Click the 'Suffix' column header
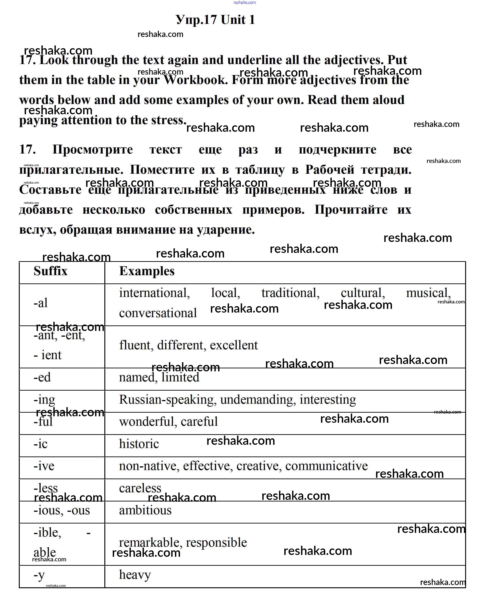point(51,271)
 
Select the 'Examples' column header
point(147,271)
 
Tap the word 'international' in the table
point(154,293)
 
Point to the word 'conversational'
point(158,313)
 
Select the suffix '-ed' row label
point(42,377)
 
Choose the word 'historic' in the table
point(139,444)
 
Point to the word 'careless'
point(140,488)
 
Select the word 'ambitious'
point(145,510)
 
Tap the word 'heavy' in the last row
point(135,575)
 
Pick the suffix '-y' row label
point(39,575)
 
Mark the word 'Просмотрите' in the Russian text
point(93,150)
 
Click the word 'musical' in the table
point(428,293)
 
